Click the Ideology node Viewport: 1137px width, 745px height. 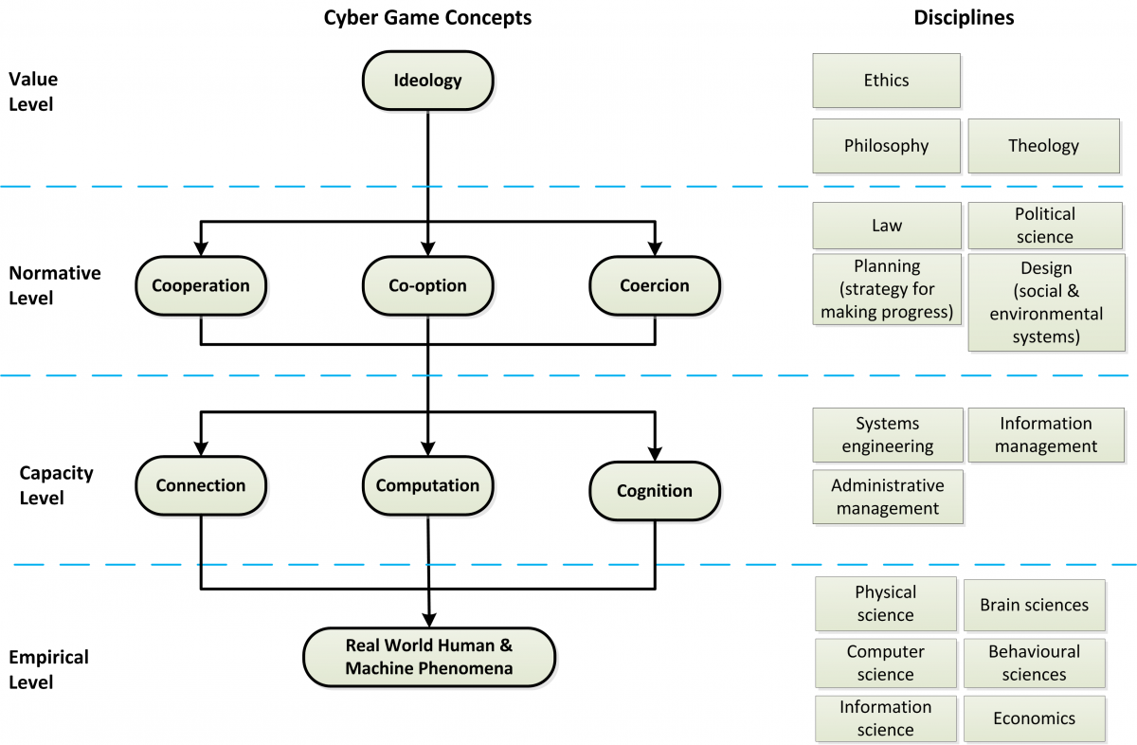point(428,81)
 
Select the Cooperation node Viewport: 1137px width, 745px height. point(201,286)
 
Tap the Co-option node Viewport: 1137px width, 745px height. point(428,286)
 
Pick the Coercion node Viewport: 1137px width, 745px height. point(655,286)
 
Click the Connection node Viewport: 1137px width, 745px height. point(201,485)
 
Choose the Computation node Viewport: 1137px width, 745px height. point(428,485)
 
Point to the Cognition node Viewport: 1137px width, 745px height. point(655,491)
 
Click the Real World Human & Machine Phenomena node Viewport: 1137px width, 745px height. point(429,657)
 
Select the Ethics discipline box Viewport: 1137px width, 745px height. point(886,81)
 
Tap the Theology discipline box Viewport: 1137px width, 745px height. point(1043,146)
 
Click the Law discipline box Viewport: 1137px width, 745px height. point(887,226)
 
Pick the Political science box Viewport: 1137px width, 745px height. point(1045,226)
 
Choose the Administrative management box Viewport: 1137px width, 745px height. point(888,497)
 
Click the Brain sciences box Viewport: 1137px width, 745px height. point(1035,605)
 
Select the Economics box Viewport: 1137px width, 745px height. point(1035,718)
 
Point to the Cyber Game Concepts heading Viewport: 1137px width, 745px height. point(428,18)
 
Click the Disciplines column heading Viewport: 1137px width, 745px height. point(964,18)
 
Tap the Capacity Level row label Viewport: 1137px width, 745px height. point(56,485)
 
